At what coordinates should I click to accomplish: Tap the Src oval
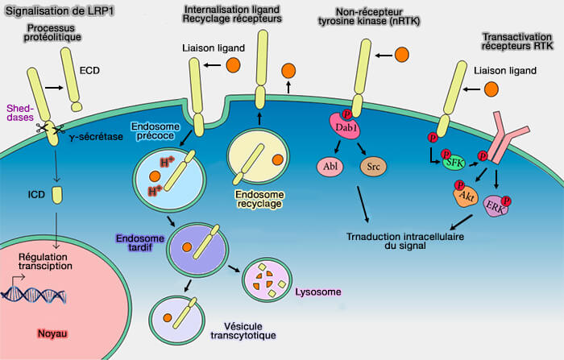coord(371,168)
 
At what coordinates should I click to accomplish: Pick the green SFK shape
coord(454,163)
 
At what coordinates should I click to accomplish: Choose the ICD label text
coord(35,194)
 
